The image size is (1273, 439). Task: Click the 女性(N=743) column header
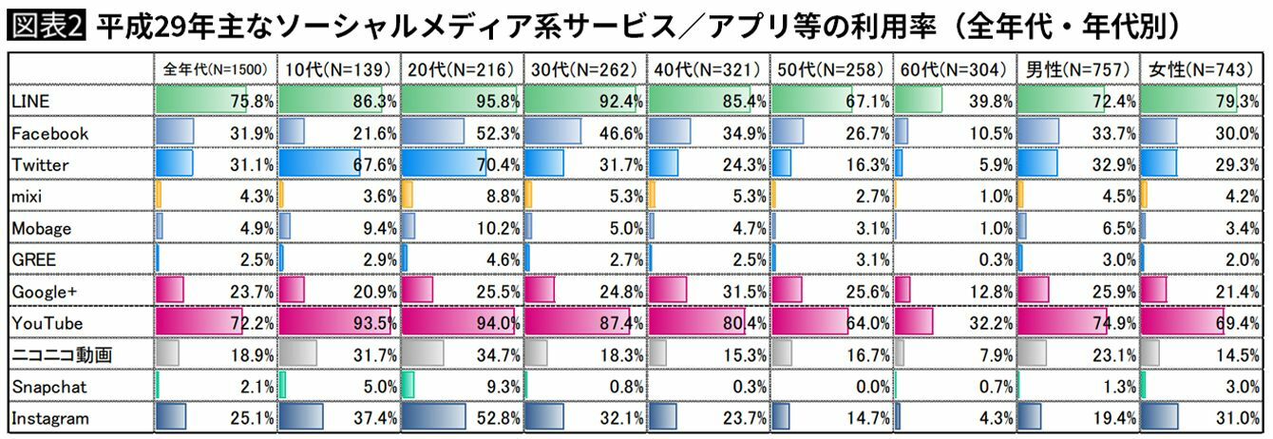coord(1202,70)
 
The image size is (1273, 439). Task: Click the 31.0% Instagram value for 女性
coord(1240,418)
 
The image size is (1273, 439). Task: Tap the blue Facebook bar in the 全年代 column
coord(174,132)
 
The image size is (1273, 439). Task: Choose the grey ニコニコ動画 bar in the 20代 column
coord(423,354)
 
